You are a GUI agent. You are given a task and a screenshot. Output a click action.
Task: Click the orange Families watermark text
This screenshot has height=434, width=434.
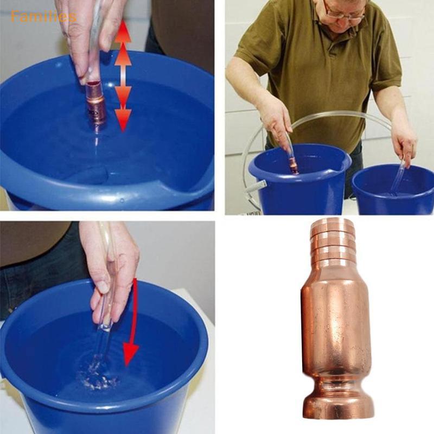click(x=43, y=16)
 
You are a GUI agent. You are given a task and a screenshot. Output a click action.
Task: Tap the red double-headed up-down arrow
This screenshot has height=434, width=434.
click(x=123, y=75)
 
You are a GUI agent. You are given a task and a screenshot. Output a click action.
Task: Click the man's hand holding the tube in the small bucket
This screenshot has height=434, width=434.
click(x=405, y=144)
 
